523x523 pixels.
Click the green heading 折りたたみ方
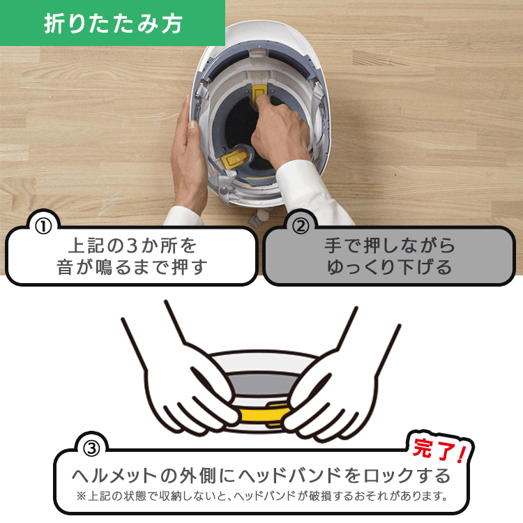pos(112,24)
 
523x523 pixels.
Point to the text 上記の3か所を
pos(132,246)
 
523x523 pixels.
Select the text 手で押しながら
pos(389,246)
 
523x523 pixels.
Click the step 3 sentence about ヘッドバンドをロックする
pos(261,476)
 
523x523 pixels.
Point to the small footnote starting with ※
pos(261,497)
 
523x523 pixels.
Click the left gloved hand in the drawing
pos(188,391)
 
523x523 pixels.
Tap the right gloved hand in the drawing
pos(335,391)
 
